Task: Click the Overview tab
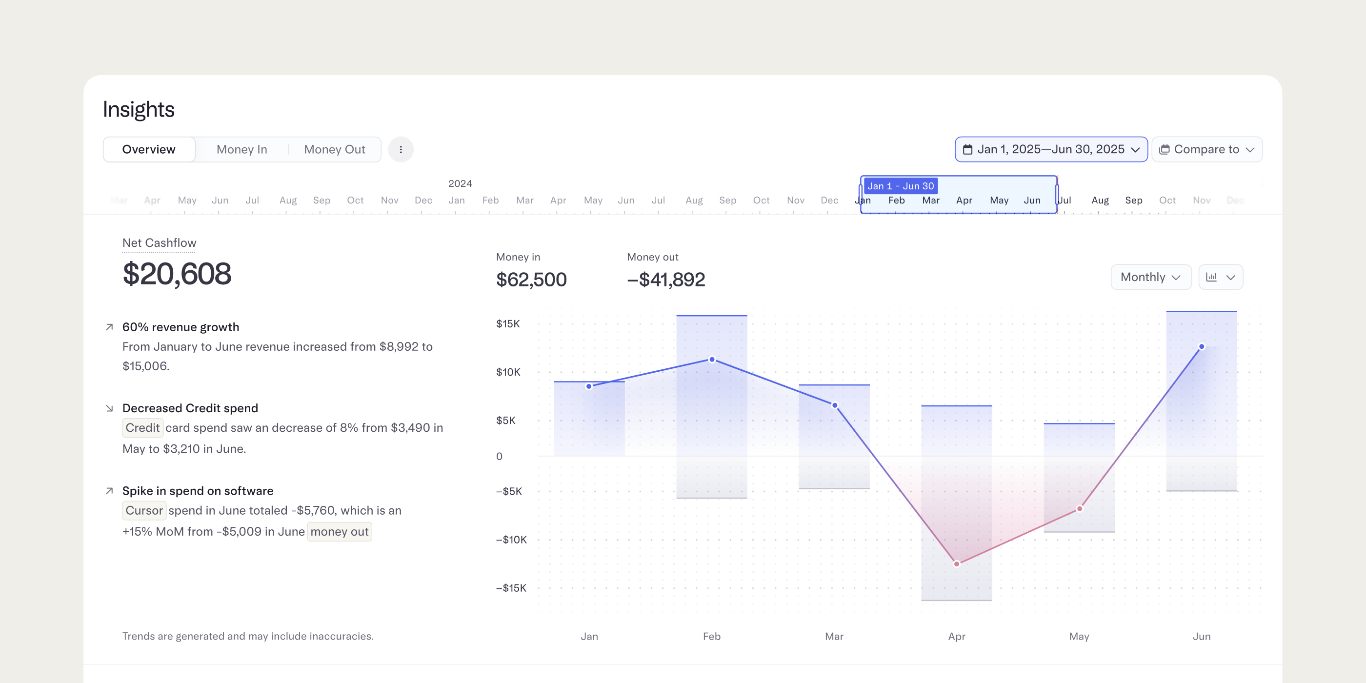click(x=148, y=150)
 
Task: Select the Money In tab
click(x=242, y=150)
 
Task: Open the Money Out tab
click(x=335, y=150)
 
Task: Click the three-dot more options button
click(x=401, y=150)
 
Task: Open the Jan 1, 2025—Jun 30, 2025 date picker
click(x=1051, y=150)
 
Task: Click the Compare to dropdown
click(x=1206, y=150)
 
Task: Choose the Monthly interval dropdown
click(x=1151, y=277)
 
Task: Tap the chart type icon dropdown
click(x=1221, y=277)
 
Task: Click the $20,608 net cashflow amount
click(x=177, y=274)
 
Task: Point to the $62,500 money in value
click(x=531, y=280)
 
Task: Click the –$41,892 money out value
click(x=666, y=280)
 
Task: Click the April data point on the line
click(x=957, y=563)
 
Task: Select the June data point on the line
click(x=1202, y=347)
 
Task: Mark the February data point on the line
click(x=712, y=360)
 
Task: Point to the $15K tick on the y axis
click(x=508, y=324)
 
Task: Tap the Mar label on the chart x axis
click(x=834, y=636)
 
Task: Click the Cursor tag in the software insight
click(x=144, y=511)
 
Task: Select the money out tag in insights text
click(x=340, y=532)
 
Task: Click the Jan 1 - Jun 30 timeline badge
click(x=901, y=186)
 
